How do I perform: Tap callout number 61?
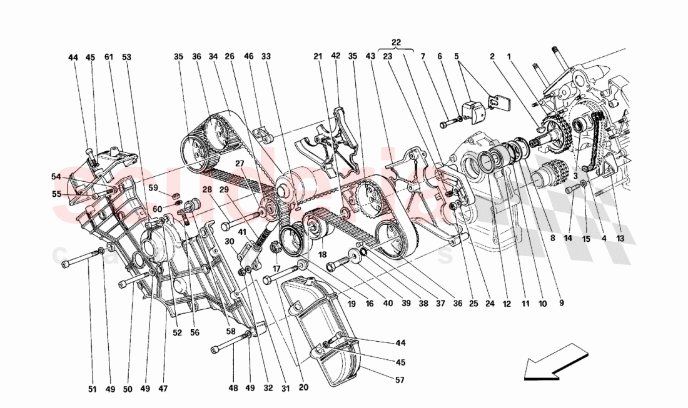click(x=109, y=57)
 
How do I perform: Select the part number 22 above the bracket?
click(x=396, y=42)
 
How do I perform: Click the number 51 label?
click(x=93, y=389)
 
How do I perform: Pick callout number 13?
click(x=620, y=237)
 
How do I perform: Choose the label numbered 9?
click(x=561, y=304)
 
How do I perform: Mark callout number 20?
click(x=303, y=388)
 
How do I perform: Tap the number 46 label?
click(x=248, y=56)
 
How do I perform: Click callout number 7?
click(x=423, y=56)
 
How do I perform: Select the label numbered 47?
click(x=163, y=389)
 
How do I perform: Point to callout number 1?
click(x=510, y=56)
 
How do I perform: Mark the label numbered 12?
click(x=507, y=304)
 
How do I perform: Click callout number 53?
click(x=127, y=57)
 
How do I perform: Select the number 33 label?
click(x=266, y=56)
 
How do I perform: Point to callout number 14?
click(x=567, y=237)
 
